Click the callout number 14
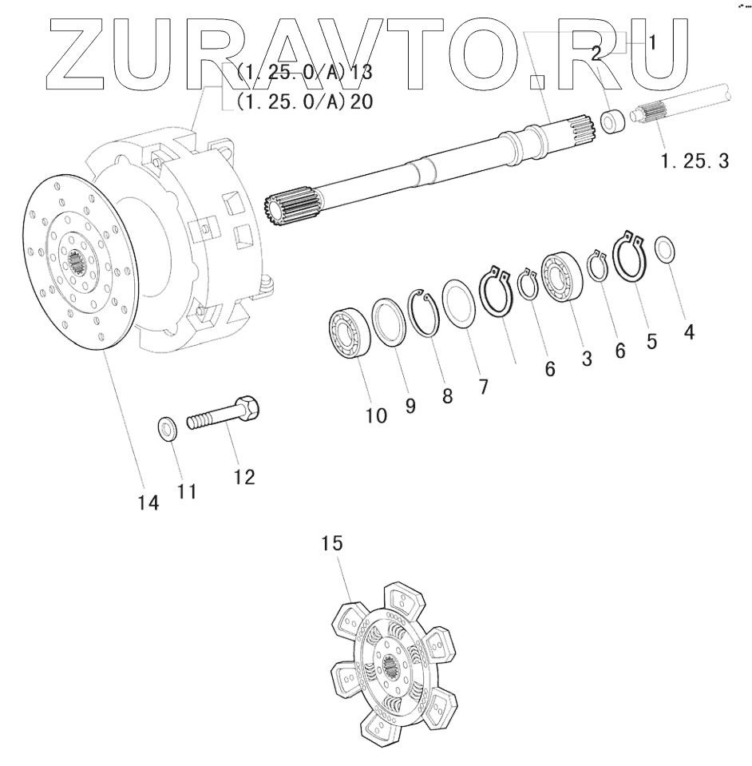coord(148,503)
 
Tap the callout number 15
coord(332,544)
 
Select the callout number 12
coord(244,477)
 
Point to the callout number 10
coord(376,415)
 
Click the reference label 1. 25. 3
coord(694,161)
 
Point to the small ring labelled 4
coord(665,249)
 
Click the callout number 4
coord(688,331)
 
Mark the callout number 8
coord(446,396)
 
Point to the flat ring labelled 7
coord(459,303)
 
